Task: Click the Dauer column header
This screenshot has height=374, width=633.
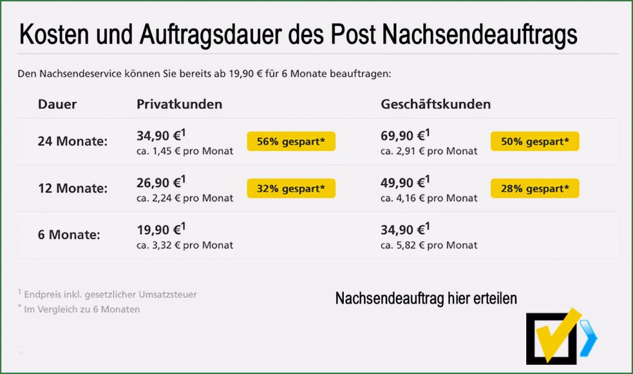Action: click(x=57, y=104)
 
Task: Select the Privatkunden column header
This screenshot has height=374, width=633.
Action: click(x=179, y=104)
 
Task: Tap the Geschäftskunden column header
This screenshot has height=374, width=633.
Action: click(x=436, y=104)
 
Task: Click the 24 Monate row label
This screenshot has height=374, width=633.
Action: click(x=73, y=142)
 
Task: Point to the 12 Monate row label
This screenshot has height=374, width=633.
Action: click(x=73, y=188)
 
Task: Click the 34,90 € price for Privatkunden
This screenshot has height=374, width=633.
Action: click(x=161, y=135)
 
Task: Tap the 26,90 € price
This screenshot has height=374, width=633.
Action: click(x=161, y=182)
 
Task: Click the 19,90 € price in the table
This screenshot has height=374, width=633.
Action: click(x=161, y=229)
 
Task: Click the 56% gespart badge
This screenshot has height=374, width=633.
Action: click(x=291, y=142)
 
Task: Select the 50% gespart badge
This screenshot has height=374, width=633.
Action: click(x=535, y=142)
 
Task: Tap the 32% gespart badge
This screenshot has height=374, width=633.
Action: click(x=291, y=188)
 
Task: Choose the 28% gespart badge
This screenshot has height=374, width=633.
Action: click(x=535, y=188)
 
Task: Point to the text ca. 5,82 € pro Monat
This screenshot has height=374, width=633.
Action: click(x=429, y=245)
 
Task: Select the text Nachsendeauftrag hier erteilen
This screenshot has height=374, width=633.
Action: click(x=426, y=299)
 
